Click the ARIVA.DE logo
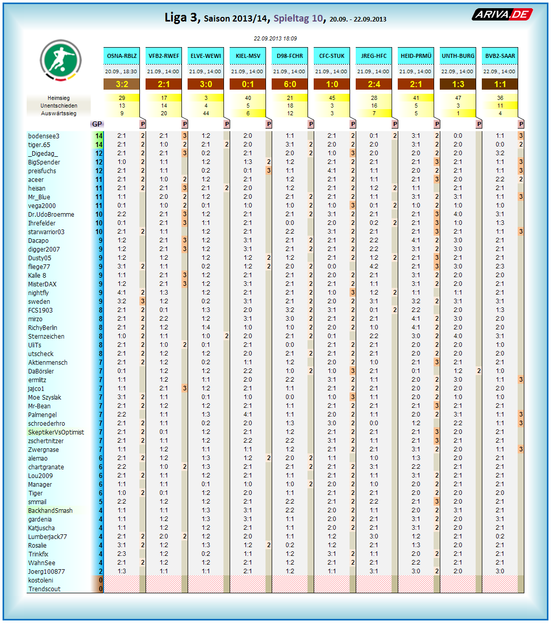502,14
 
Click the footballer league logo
61,60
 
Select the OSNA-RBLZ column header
122,56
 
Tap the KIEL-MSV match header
248,56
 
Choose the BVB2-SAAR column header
500,56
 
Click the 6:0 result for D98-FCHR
290,84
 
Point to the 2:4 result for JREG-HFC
374,84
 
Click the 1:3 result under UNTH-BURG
458,84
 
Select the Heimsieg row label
58,98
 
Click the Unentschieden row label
58,106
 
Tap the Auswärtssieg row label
58,113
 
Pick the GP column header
97,124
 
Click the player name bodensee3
44,136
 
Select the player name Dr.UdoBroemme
51,215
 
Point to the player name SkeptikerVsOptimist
56,432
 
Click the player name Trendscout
44,589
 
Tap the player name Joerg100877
46,572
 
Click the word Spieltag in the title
291,18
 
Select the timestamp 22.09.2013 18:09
275,38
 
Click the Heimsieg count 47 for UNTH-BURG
458,98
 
